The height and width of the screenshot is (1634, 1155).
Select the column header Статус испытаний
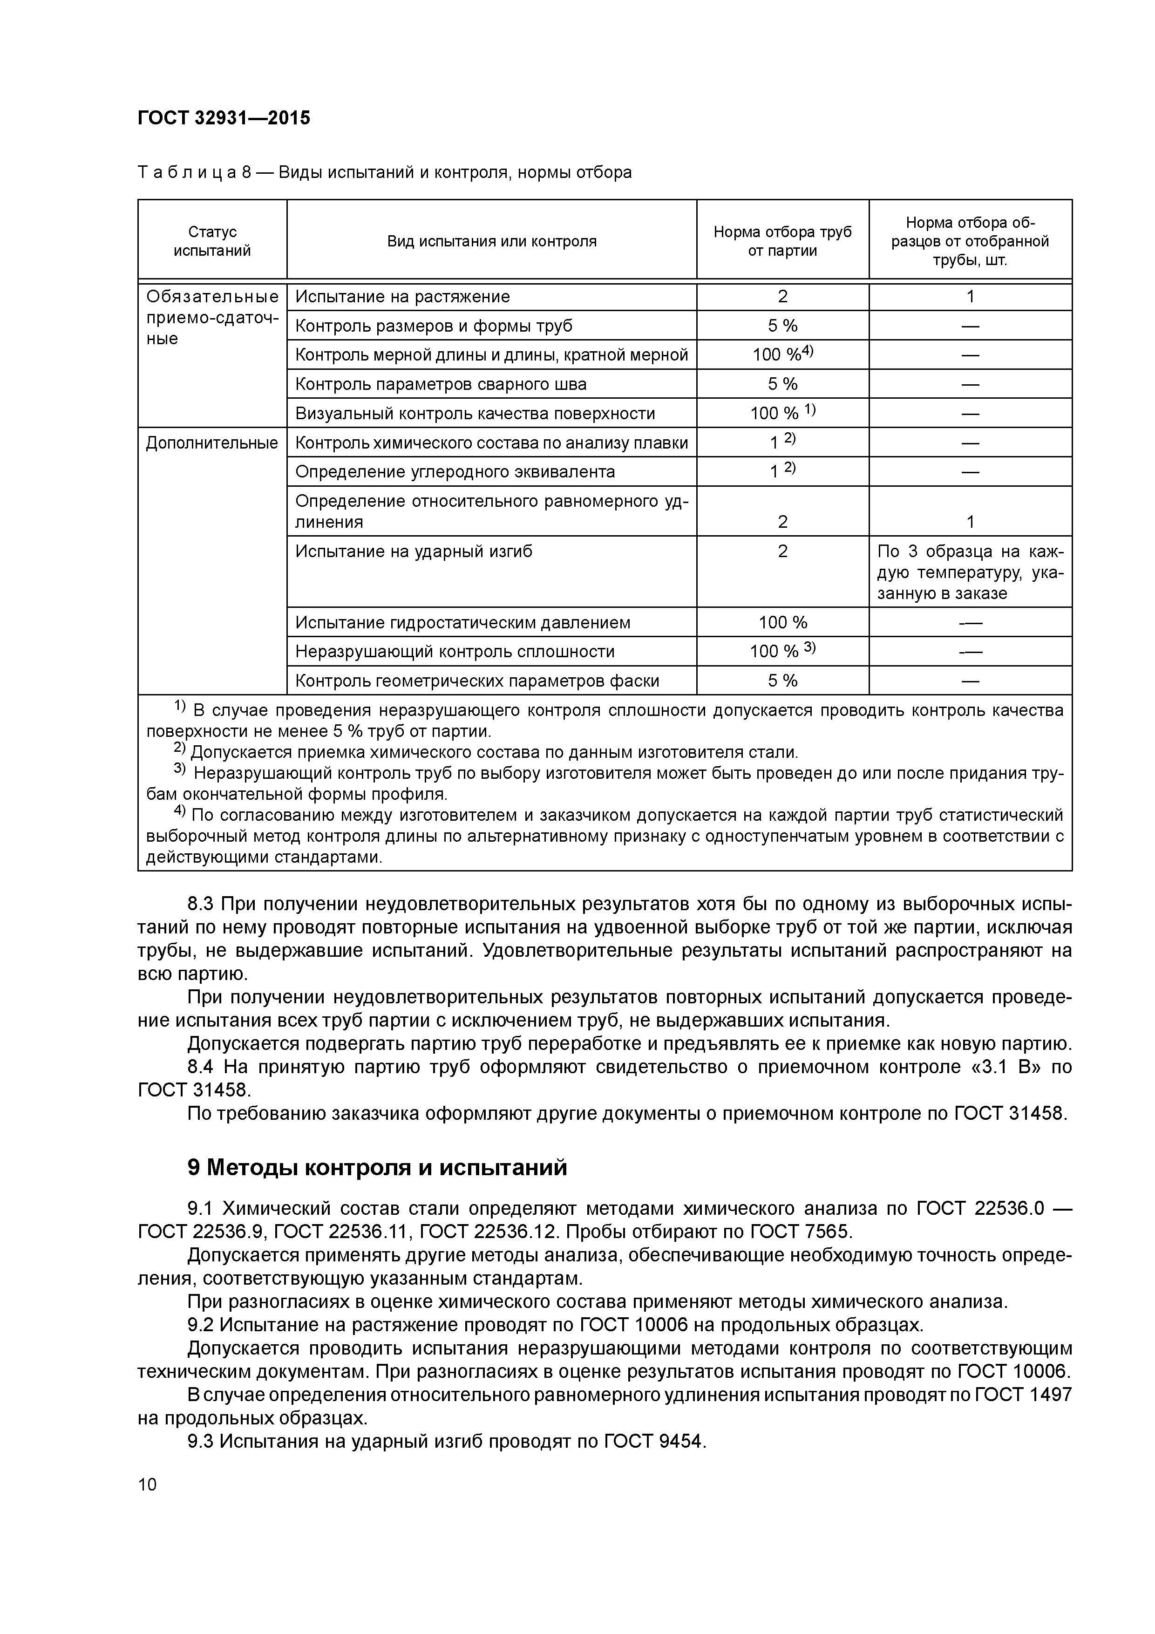(212, 240)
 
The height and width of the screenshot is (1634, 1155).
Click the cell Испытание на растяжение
(403, 296)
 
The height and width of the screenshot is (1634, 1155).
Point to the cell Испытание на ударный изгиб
(414, 551)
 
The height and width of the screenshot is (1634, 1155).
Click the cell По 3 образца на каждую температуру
(970, 572)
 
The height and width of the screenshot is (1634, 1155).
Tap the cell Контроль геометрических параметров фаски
(477, 681)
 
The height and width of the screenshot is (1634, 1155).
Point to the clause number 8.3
(201, 904)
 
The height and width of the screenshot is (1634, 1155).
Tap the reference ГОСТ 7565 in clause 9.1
(800, 1231)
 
